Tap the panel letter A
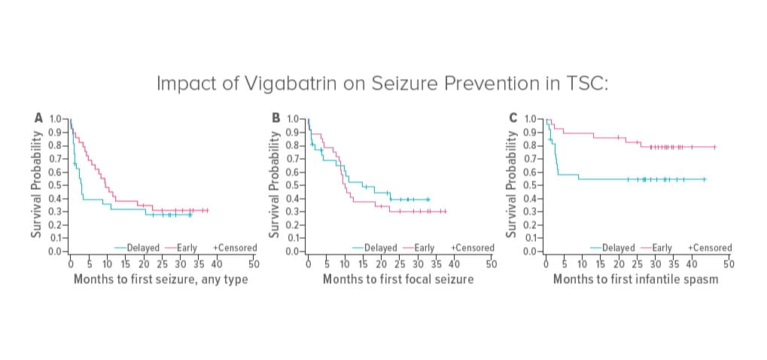38,117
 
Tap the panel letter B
275,117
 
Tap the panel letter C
513,117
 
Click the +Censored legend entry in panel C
709,247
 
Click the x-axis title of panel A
160,279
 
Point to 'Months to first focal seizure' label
398,279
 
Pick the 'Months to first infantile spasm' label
635,279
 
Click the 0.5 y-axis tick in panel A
56,185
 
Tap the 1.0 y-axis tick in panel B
294,119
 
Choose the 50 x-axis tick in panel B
491,264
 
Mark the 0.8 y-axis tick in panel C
531,145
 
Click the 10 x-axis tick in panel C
582,264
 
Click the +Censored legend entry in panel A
235,247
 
